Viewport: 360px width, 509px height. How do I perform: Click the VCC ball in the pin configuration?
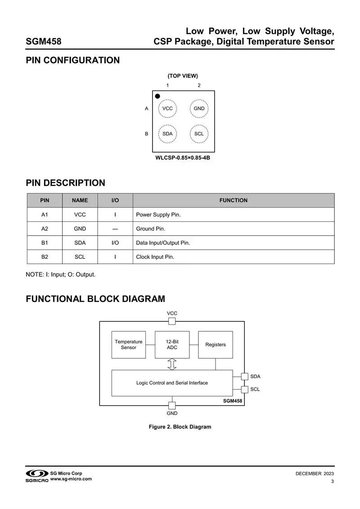coord(167,108)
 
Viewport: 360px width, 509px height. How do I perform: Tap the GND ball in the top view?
coord(199,108)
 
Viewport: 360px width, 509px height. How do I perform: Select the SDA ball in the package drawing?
coord(167,134)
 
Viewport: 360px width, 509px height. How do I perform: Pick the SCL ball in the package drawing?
coord(199,134)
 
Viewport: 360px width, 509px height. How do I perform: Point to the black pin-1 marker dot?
coord(157,96)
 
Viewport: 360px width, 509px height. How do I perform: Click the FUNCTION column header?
coord(234,200)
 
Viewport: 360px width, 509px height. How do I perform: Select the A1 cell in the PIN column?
coord(45,215)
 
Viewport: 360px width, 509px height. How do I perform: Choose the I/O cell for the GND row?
coord(115,229)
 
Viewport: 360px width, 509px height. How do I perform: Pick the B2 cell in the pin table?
coord(45,257)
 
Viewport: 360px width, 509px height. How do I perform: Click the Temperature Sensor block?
coord(128,345)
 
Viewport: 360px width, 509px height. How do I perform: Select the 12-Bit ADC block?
coord(172,345)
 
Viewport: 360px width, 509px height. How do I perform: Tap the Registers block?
coord(216,345)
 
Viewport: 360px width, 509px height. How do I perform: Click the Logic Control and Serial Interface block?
coord(172,383)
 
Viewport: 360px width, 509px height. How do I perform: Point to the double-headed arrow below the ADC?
coord(172,364)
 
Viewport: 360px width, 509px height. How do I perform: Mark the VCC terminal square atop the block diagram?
coord(172,321)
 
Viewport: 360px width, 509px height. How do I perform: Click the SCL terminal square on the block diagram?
coord(245,389)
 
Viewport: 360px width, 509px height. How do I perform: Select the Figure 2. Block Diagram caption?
coord(180,427)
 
